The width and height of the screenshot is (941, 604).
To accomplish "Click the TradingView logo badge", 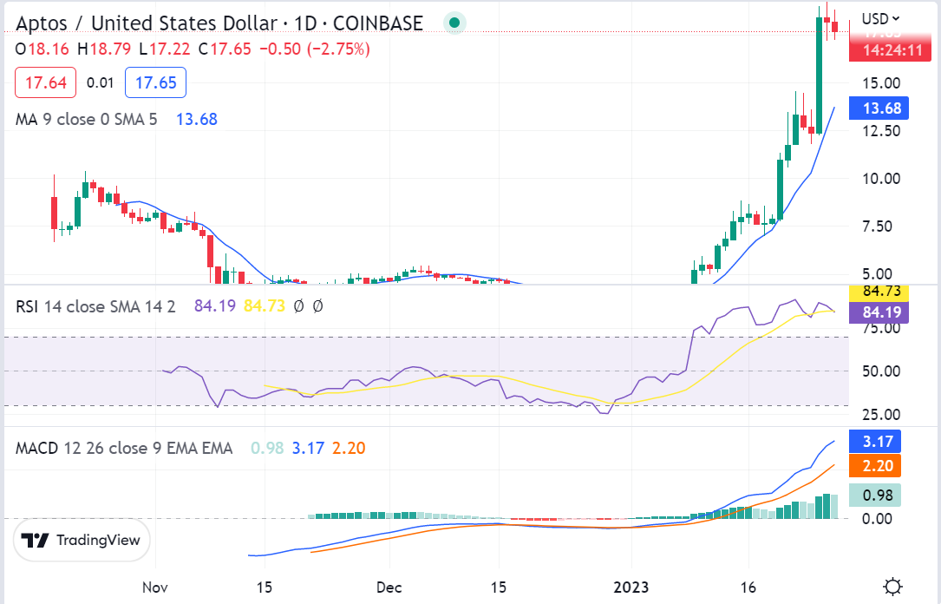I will [82, 540].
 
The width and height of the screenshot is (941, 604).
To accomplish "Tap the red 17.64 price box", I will [45, 83].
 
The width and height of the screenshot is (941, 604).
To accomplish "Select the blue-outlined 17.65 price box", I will [156, 83].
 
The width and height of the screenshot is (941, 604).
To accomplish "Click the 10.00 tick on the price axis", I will [881, 179].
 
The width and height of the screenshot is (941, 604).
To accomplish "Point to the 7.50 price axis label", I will [881, 226].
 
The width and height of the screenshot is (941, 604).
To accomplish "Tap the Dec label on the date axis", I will [389, 587].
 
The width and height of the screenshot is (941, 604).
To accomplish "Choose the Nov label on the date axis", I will [154, 587].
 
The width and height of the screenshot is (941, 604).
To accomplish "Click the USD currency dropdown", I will [879, 18].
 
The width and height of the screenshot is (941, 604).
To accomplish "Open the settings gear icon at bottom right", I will [892, 587].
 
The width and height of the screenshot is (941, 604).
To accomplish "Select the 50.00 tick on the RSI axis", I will [881, 371].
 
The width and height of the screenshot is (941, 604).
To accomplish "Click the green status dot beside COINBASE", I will [454, 23].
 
